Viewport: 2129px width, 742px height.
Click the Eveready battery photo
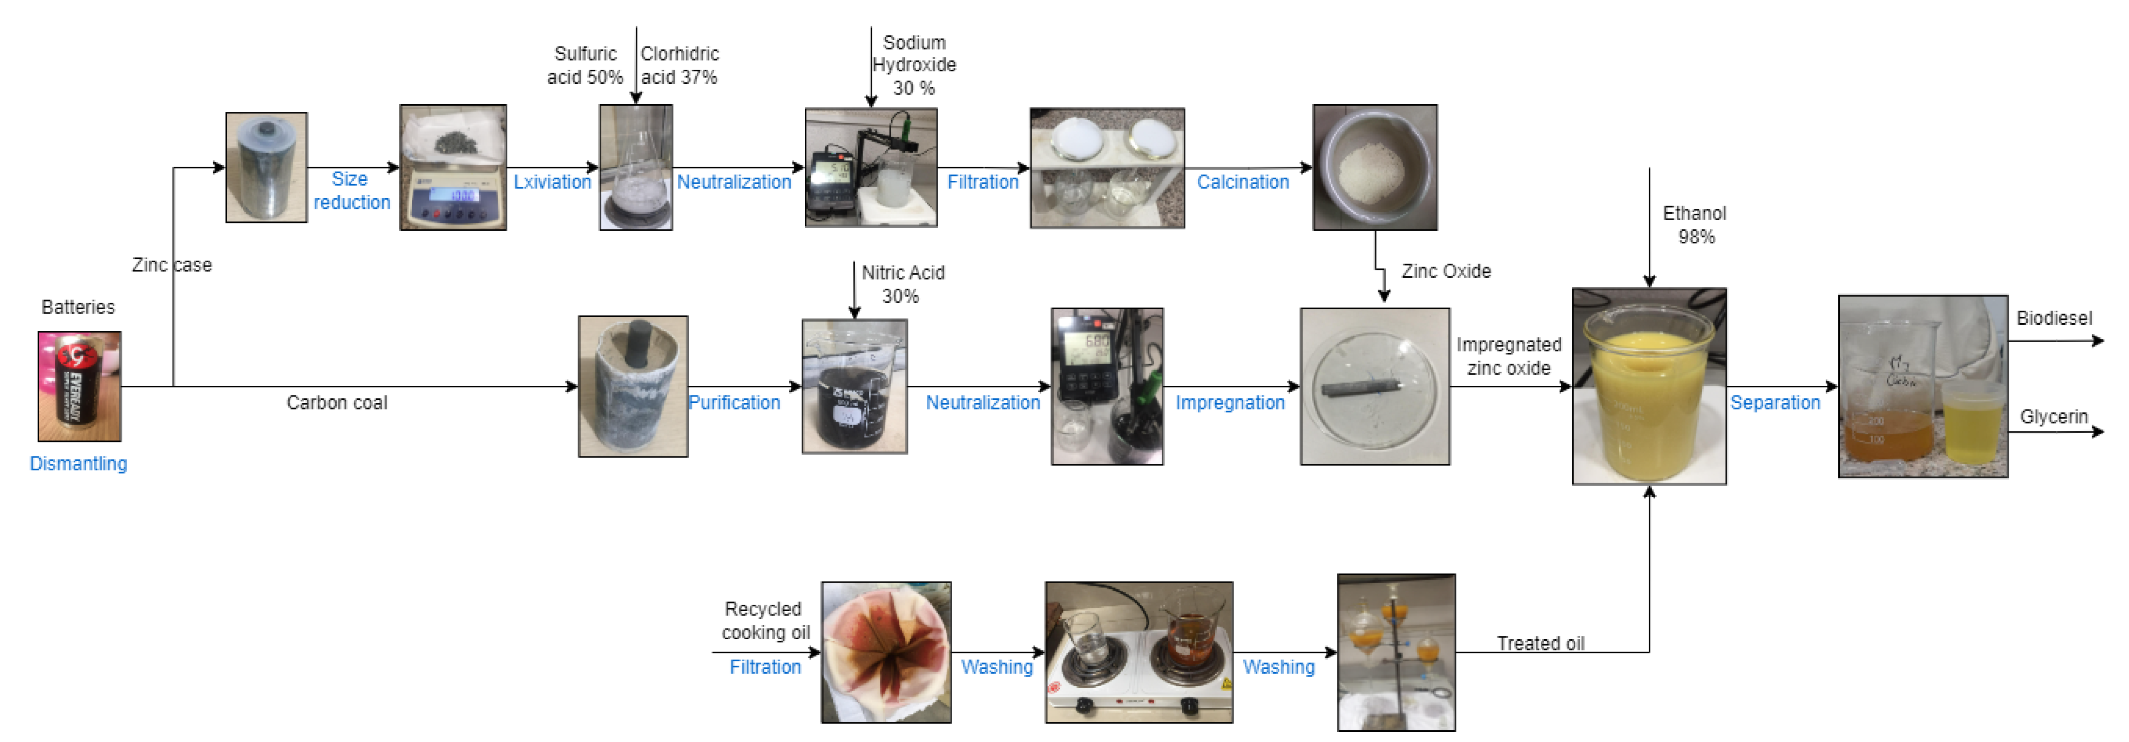(79, 386)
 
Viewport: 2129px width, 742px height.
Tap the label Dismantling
(78, 463)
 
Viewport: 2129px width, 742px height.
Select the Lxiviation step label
(552, 182)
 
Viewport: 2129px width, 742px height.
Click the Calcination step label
(1242, 182)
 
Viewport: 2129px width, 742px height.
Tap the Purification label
(734, 402)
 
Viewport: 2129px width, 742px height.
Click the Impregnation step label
(1230, 402)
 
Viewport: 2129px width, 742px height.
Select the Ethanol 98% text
(1694, 225)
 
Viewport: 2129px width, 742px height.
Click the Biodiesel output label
(2054, 318)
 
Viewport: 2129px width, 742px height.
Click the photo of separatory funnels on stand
(1396, 652)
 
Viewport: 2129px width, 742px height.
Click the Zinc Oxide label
(1445, 271)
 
